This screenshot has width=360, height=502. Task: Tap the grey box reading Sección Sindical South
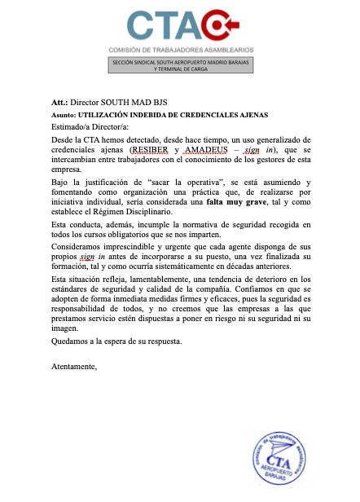[x=179, y=66]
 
